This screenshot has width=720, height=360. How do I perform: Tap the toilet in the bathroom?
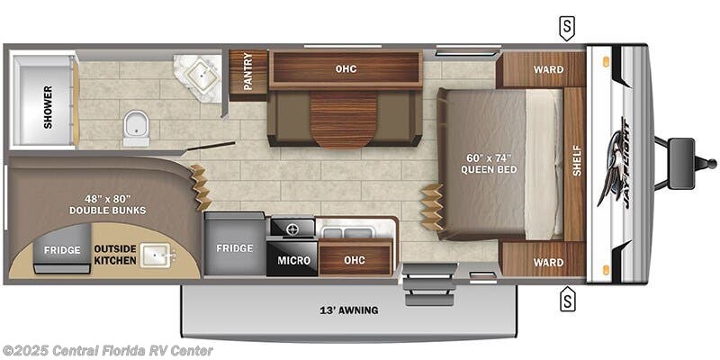pyautogui.click(x=136, y=128)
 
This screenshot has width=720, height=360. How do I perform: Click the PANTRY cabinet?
pyautogui.click(x=248, y=76)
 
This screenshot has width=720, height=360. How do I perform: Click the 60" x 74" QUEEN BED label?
pyautogui.click(x=489, y=164)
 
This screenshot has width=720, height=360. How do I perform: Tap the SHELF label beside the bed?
pyautogui.click(x=577, y=160)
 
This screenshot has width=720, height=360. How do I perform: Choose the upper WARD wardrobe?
pyautogui.click(x=541, y=70)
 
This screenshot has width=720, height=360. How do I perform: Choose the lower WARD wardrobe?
pyautogui.click(x=543, y=259)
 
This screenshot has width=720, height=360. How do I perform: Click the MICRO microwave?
pyautogui.click(x=293, y=260)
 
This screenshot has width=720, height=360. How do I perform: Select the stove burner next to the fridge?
pyautogui.click(x=292, y=228)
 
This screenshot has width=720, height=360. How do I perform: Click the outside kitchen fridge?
pyautogui.click(x=62, y=249)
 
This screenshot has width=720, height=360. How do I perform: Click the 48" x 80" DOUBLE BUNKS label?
pyautogui.click(x=107, y=204)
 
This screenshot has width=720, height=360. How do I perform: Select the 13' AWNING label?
pyautogui.click(x=349, y=310)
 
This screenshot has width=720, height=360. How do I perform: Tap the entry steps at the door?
pyautogui.click(x=430, y=284)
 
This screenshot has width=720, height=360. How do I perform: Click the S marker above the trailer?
pyautogui.click(x=567, y=29)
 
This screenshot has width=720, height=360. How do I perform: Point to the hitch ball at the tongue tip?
pyautogui.click(x=711, y=164)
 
